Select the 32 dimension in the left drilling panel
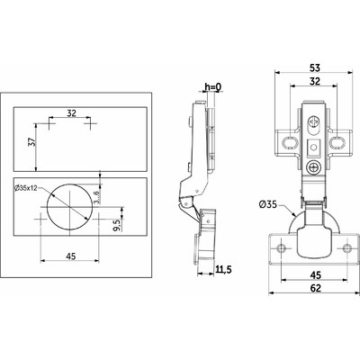coord(71,114)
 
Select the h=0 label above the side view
coord(212,87)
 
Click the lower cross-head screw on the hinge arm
coord(313,166)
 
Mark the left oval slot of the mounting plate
coord(291,141)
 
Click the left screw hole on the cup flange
coord(282,246)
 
